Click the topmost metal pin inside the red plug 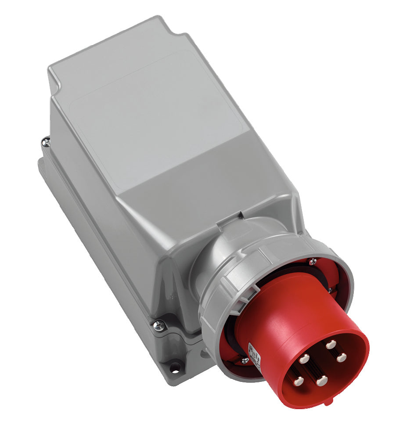[x=330, y=345]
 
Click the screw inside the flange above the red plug [x=312, y=262]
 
